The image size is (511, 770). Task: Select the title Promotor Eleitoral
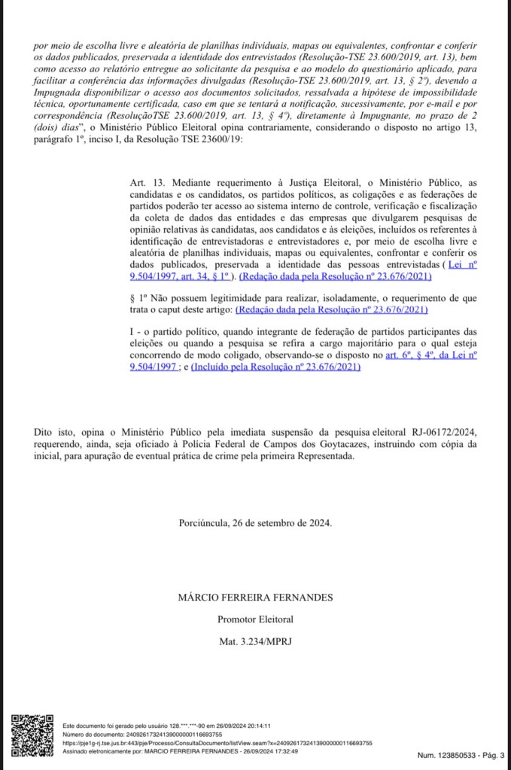pyautogui.click(x=255, y=619)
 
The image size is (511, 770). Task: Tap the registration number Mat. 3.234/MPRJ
pyautogui.click(x=255, y=641)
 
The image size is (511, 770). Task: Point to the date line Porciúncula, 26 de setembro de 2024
pyautogui.click(x=255, y=522)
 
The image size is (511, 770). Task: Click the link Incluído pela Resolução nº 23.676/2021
pyautogui.click(x=275, y=367)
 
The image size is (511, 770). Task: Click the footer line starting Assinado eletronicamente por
pyautogui.click(x=180, y=750)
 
